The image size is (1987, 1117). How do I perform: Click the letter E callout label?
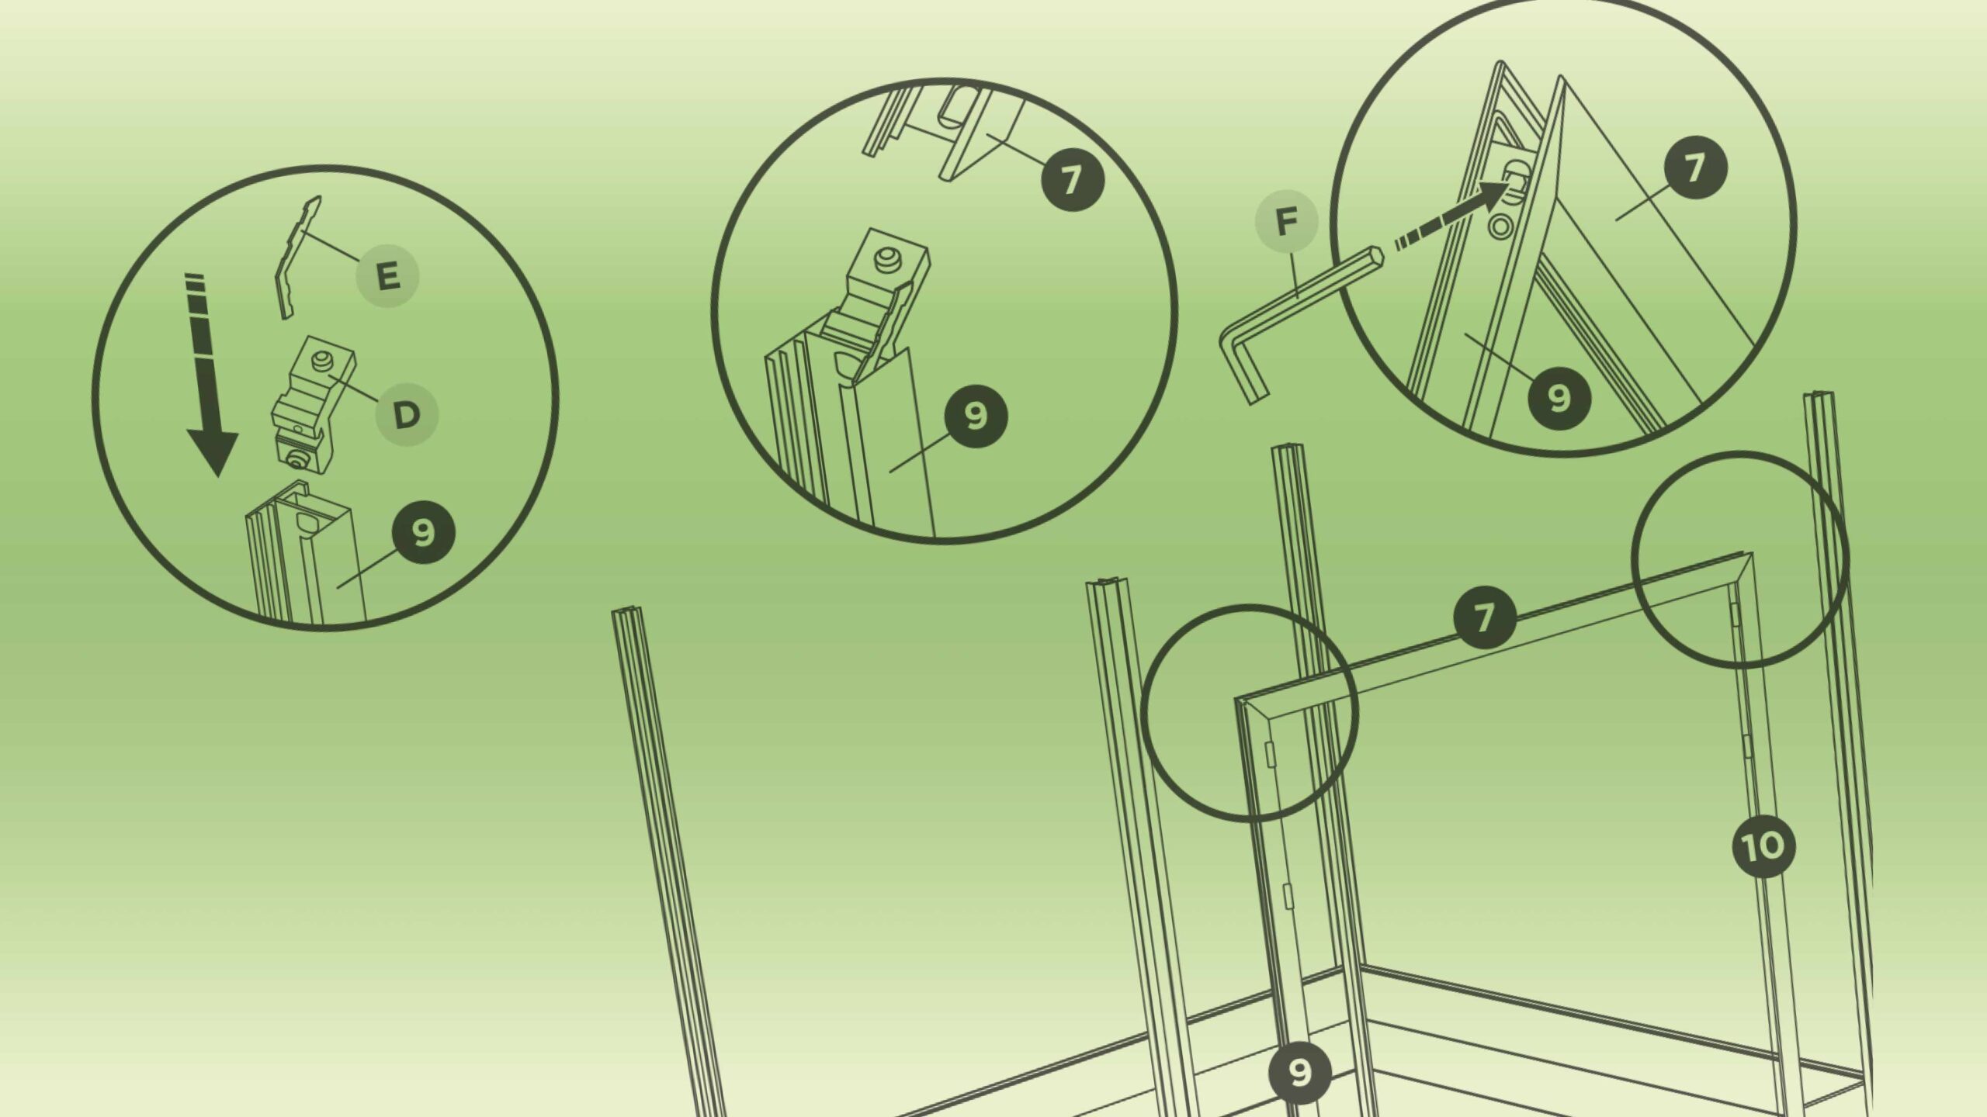pos(387,276)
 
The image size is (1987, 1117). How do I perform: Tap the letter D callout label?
pos(407,416)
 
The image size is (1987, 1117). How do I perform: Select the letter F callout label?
pos(1287,223)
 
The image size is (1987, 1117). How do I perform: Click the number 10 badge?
pos(1764,846)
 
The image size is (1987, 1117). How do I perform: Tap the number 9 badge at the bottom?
pos(1300,1073)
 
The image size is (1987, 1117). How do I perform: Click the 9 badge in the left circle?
pos(423,533)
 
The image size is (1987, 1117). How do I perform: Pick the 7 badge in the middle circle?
pos(1072,180)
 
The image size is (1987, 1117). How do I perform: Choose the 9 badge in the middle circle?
pos(976,416)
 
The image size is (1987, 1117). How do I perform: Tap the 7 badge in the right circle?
pos(1695,168)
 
